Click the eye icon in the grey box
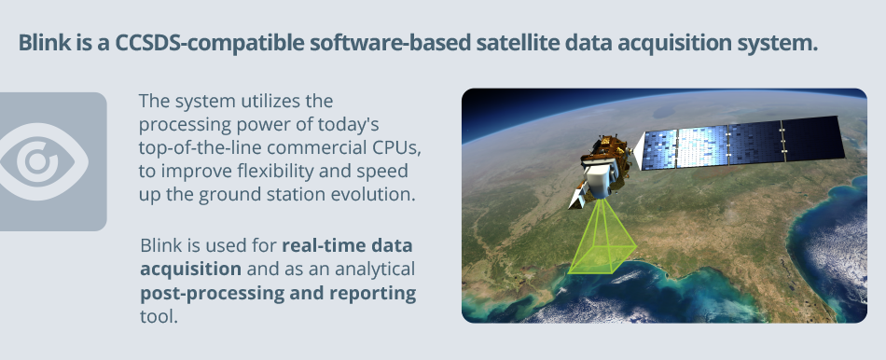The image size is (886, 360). click(44, 161)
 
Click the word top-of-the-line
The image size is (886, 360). click(200, 148)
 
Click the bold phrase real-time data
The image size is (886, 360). click(347, 246)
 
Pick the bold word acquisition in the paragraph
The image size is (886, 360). click(191, 270)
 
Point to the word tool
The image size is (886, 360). click(159, 316)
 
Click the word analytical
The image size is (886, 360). click(375, 270)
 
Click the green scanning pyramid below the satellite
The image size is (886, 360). click(602, 241)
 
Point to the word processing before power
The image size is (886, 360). click(187, 124)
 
